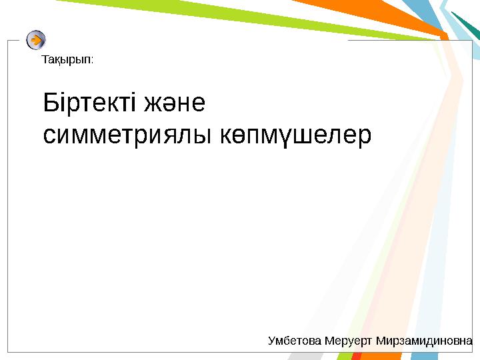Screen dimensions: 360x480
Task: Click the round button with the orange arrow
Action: [x=36, y=40]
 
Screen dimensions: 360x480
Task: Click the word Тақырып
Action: [x=66, y=61]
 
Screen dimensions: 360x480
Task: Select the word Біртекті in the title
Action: [x=89, y=105]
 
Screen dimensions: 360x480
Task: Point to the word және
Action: [x=175, y=105]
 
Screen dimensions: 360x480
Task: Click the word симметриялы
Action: [x=127, y=135]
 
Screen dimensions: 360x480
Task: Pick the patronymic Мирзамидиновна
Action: [x=425, y=341]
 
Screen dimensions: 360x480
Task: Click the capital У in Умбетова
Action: [x=271, y=341]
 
